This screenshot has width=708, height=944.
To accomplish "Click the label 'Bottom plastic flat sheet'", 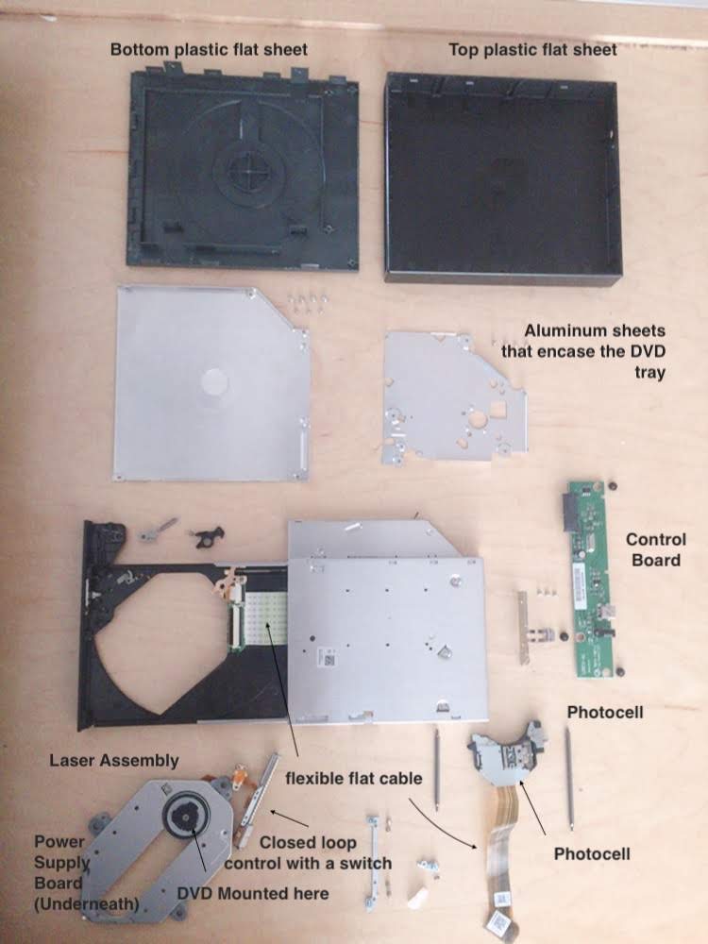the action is pyautogui.click(x=209, y=49).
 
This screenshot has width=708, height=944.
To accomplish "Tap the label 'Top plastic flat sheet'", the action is pyautogui.click(x=532, y=49).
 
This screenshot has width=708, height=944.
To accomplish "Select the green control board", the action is pyautogui.click(x=592, y=579).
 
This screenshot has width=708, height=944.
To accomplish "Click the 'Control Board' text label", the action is pyautogui.click(x=656, y=549).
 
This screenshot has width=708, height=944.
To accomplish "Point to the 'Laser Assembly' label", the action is pyautogui.click(x=114, y=760).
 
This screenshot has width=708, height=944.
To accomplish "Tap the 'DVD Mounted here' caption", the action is pyautogui.click(x=253, y=893).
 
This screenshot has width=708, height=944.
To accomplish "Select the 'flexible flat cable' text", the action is pyautogui.click(x=354, y=779).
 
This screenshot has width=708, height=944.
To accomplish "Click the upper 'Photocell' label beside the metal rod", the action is pyautogui.click(x=605, y=712).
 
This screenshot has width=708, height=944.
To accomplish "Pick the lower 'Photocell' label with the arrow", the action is pyautogui.click(x=592, y=853).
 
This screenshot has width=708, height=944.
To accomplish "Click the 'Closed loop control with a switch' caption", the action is pyautogui.click(x=309, y=852).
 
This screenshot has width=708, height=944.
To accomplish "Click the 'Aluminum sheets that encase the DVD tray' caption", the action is pyautogui.click(x=584, y=351).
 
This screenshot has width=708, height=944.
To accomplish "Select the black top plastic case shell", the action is pyautogui.click(x=503, y=178).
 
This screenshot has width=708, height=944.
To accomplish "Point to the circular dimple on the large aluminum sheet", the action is pyautogui.click(x=214, y=381).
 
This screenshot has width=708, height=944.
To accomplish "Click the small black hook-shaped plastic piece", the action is pyautogui.click(x=209, y=536).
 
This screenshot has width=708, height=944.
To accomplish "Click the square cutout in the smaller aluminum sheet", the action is pyautogui.click(x=497, y=410).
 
